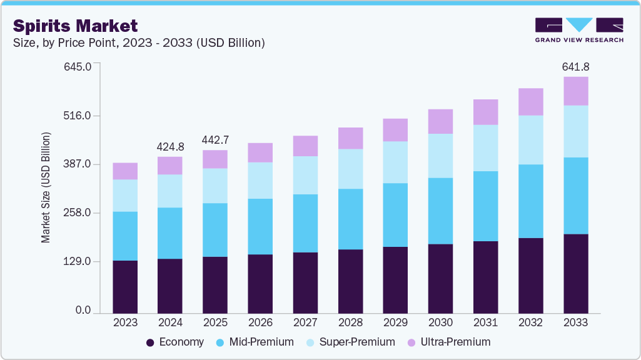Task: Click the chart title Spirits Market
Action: tap(75, 26)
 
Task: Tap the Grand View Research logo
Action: tap(578, 30)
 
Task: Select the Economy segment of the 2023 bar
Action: tap(125, 286)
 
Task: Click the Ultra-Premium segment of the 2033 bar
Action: tap(575, 91)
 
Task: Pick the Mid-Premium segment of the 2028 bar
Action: tap(350, 219)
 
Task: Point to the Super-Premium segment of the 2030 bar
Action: tap(440, 156)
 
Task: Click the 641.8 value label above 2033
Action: tap(575, 67)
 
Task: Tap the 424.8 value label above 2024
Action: tap(170, 147)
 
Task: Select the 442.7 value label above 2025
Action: tap(215, 140)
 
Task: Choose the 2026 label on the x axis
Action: tap(260, 323)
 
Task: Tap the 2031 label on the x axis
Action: tap(485, 323)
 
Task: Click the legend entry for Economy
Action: tap(175, 342)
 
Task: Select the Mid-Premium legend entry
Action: tap(255, 342)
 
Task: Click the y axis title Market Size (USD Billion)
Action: tap(46, 187)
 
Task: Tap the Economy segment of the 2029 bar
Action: tap(395, 279)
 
